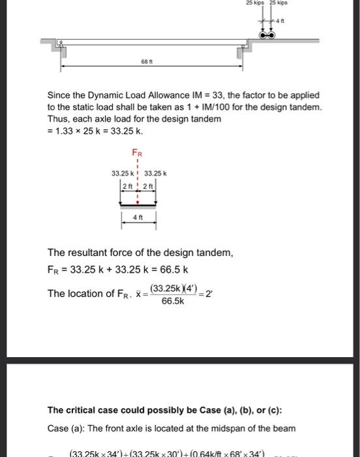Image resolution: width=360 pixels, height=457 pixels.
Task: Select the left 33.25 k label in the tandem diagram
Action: (124, 173)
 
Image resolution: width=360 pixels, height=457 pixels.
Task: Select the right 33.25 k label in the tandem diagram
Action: (156, 173)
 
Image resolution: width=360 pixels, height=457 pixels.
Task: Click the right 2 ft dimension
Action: (147, 185)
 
